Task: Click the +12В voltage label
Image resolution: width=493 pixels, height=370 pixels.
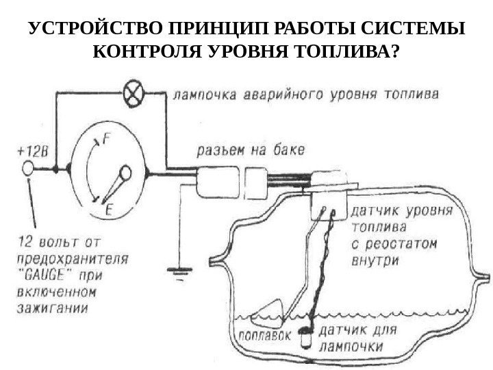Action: [x=29, y=149]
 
